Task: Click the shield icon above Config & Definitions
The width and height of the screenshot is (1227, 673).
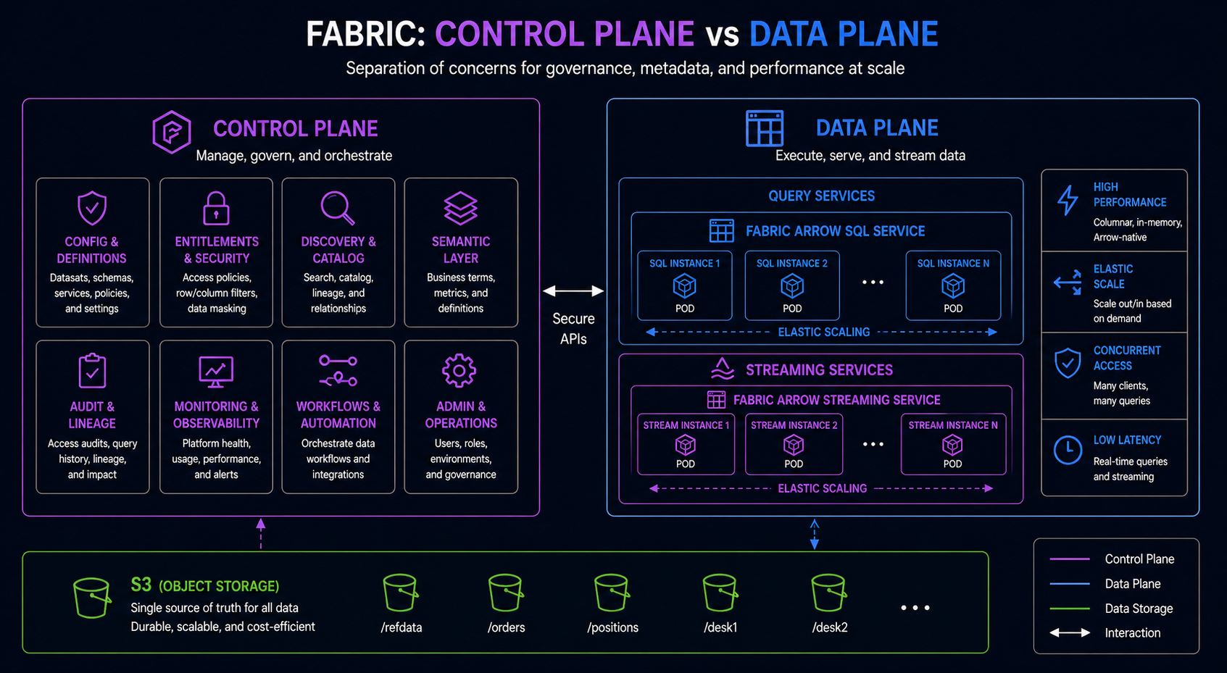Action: click(92, 209)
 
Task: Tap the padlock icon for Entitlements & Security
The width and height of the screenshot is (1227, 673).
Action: click(216, 209)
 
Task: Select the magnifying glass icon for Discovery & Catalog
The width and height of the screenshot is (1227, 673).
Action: click(338, 208)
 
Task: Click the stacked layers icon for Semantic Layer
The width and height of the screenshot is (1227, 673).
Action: click(460, 209)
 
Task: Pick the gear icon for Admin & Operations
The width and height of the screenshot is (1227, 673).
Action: click(459, 371)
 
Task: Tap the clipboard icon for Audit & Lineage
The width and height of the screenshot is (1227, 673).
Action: click(92, 371)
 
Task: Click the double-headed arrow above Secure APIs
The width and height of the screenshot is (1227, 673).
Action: click(573, 291)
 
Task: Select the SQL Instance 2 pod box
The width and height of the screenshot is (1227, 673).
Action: click(791, 285)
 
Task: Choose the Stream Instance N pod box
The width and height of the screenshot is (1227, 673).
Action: click(952, 443)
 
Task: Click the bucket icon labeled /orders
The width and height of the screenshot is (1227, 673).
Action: click(505, 593)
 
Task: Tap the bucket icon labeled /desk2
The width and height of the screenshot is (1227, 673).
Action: click(828, 593)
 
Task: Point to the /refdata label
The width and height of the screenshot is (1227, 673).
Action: click(401, 627)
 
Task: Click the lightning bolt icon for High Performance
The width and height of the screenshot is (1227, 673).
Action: click(1068, 201)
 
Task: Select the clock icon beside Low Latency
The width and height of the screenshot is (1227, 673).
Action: click(1068, 450)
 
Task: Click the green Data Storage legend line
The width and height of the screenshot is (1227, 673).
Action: click(1069, 609)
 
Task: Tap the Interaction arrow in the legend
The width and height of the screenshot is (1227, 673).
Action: click(1069, 633)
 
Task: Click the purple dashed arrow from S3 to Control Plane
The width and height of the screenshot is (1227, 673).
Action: click(261, 534)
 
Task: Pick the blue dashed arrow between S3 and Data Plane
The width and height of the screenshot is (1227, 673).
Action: click(815, 534)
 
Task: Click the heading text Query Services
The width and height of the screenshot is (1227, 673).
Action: click(821, 196)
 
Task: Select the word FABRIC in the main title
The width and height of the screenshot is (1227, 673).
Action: click(365, 34)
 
